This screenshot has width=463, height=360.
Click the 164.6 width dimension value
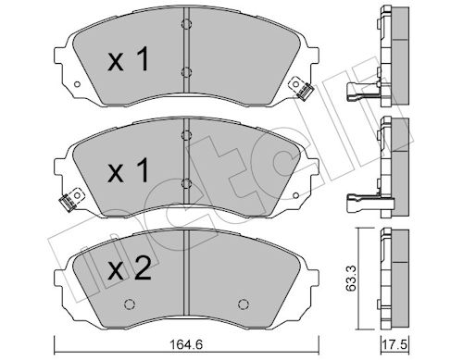[187, 344]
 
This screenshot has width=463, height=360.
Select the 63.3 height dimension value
[351, 279]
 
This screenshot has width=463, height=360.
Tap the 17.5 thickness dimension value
[395, 344]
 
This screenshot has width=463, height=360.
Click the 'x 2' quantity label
[131, 269]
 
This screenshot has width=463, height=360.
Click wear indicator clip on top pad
[301, 88]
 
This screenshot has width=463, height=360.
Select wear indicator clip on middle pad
[71, 199]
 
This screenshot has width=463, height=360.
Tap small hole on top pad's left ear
[77, 84]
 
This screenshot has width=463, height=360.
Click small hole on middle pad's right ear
[295, 195]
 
